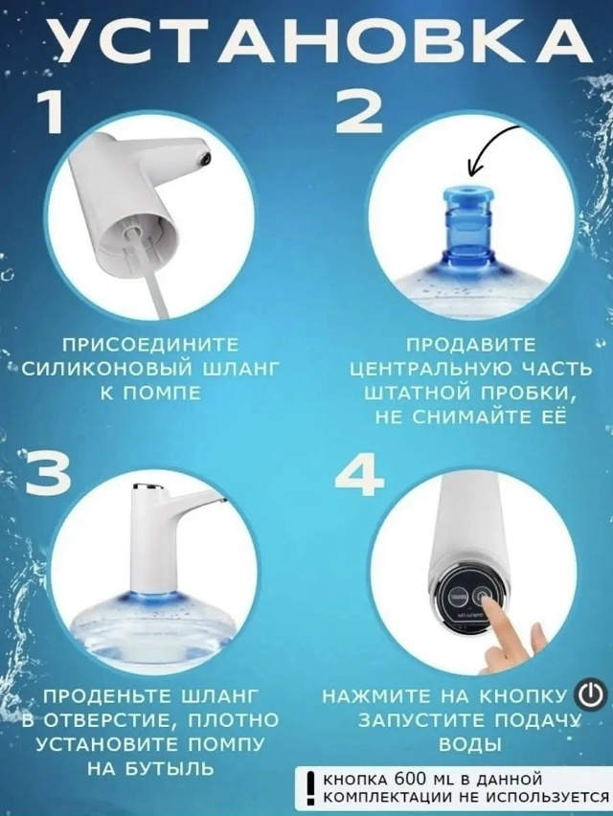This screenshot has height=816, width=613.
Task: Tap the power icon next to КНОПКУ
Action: [590, 692]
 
